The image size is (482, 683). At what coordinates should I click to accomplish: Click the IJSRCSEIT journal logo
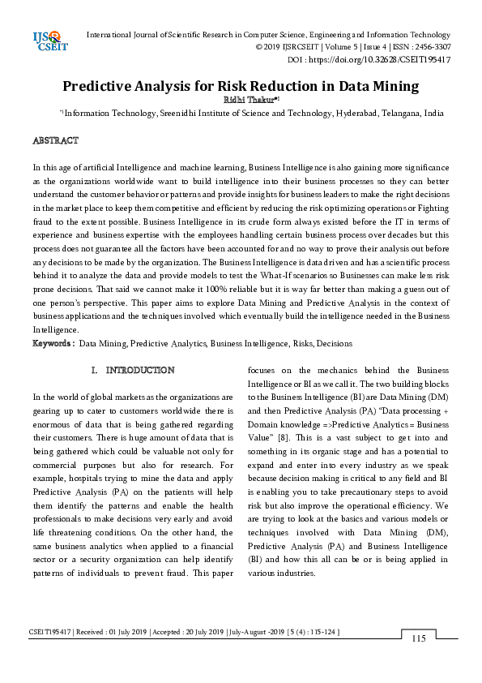point(45,41)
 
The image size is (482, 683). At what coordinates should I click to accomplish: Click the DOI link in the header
point(397,60)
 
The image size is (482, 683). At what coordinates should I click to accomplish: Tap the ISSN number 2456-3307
point(429,47)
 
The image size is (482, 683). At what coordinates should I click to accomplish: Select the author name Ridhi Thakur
point(238,100)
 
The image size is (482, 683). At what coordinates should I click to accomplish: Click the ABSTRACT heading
point(55,141)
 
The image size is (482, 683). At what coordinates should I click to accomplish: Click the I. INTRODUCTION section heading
point(133,370)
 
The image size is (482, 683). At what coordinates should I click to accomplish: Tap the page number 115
point(418,638)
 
